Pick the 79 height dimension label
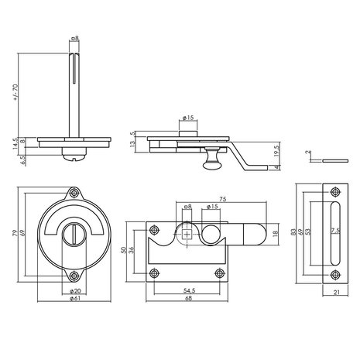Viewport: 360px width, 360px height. (16, 233)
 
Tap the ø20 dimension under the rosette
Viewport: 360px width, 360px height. (74, 290)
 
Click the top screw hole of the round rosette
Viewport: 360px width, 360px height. (74, 194)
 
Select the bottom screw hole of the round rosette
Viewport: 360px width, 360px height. (74, 273)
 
